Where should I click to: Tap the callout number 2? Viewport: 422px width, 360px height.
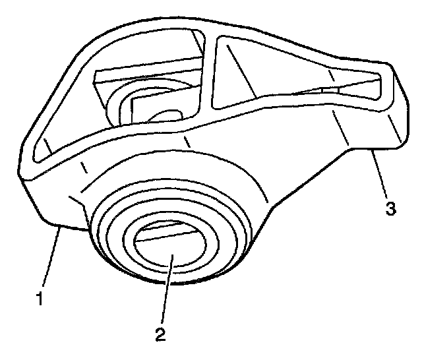coord(160,334)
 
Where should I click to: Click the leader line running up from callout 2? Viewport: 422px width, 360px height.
coord(164,290)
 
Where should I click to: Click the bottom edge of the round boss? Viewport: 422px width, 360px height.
coord(171,282)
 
